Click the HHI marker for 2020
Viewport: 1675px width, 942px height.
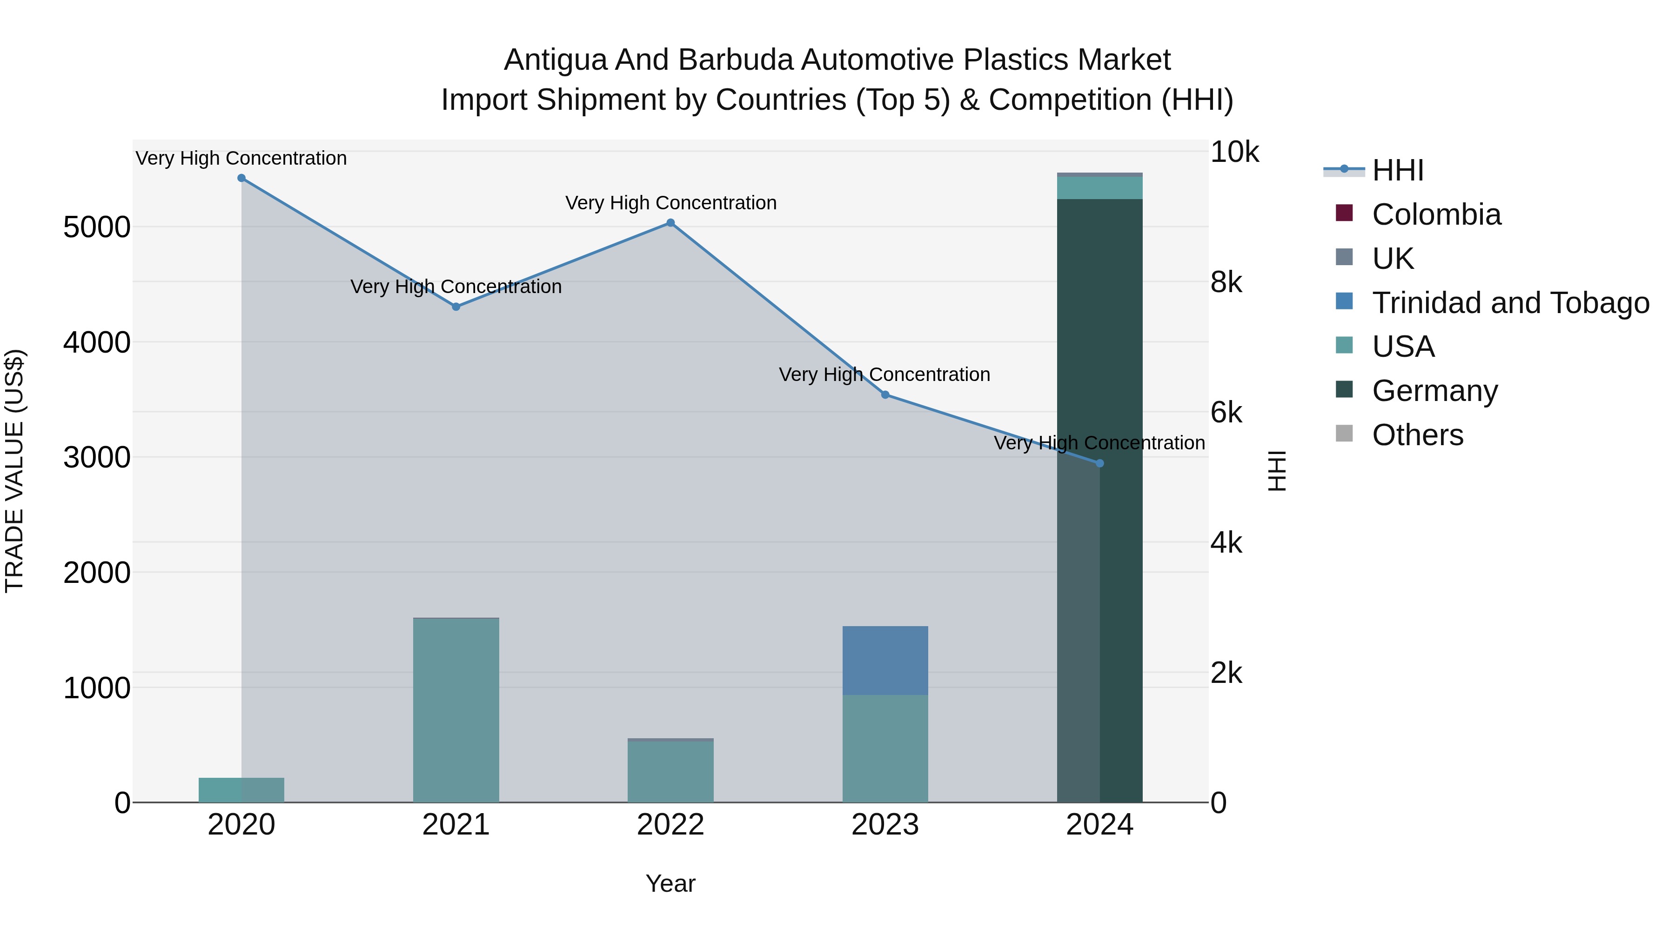pyautogui.click(x=241, y=178)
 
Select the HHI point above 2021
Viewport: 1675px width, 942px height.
pyautogui.click(x=456, y=307)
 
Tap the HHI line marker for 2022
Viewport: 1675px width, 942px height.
pyautogui.click(x=670, y=223)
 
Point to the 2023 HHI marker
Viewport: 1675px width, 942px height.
pyautogui.click(x=885, y=394)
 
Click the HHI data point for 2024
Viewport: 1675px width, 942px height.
pyautogui.click(x=1099, y=463)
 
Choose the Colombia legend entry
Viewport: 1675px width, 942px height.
pyautogui.click(x=1436, y=214)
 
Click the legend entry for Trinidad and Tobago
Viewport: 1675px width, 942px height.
pyautogui.click(x=1510, y=303)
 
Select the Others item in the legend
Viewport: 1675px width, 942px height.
pyautogui.click(x=1418, y=435)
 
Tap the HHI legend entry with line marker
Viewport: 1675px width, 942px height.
pyautogui.click(x=1398, y=170)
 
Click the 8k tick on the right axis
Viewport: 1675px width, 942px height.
pyautogui.click(x=1226, y=283)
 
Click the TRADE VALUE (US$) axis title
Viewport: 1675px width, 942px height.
pyautogui.click(x=14, y=471)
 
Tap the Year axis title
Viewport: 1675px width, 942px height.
pyautogui.click(x=670, y=883)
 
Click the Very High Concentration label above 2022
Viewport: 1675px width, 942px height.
pyautogui.click(x=670, y=203)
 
